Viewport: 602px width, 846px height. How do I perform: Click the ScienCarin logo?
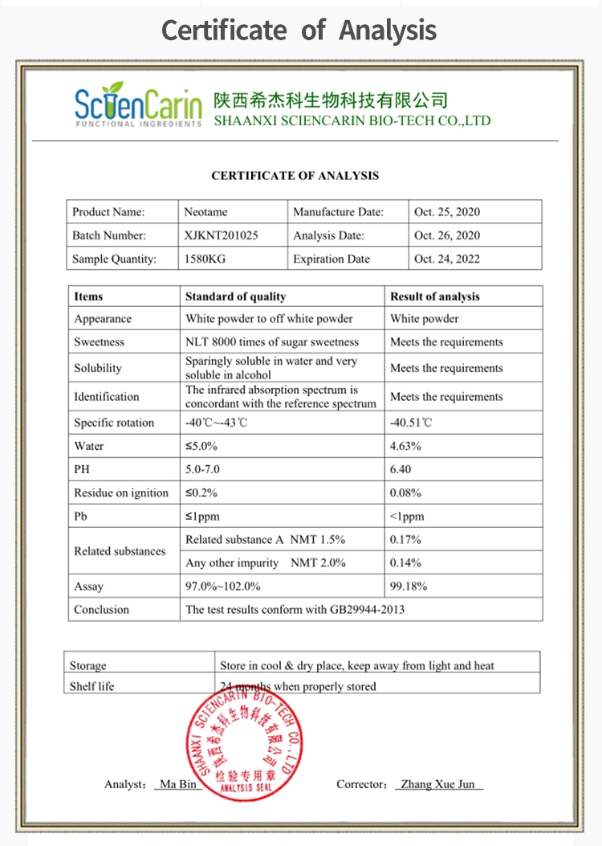coord(137,104)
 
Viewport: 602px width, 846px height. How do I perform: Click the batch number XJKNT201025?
coord(222,235)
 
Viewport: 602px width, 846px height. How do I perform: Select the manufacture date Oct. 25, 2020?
coord(446,212)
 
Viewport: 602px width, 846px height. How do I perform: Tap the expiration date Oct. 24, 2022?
coord(446,259)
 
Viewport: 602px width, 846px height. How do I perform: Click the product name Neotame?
coord(205,212)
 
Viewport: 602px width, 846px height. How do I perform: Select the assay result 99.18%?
coord(409,586)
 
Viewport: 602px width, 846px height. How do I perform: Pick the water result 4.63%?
coord(405,446)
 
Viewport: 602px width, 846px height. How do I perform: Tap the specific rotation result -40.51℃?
coord(411,423)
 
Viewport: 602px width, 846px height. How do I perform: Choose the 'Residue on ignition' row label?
coord(121,492)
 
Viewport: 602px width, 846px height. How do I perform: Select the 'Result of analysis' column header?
coord(434,296)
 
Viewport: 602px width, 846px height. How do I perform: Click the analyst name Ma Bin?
coord(178,784)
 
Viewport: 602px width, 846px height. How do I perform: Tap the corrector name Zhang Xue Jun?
coord(437,784)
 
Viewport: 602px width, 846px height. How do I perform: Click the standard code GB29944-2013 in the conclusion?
coord(367,609)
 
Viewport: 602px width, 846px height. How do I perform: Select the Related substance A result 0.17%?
coord(405,539)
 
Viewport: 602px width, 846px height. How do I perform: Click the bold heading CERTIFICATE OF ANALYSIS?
coord(295,175)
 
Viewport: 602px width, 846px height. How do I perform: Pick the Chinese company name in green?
coord(330,100)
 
